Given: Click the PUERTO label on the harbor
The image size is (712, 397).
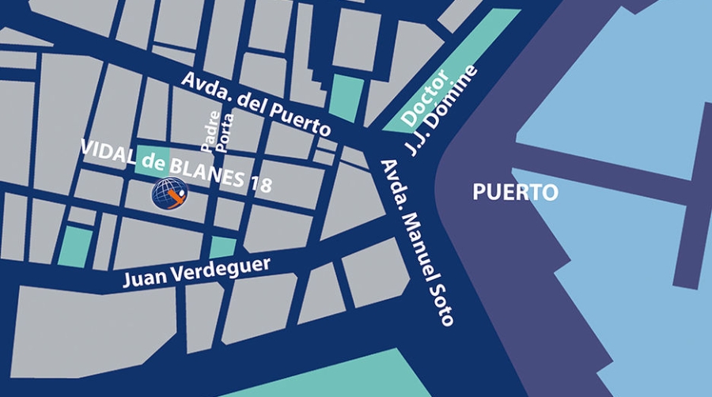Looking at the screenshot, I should click(515, 192).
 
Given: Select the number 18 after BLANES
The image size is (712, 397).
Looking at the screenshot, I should click(260, 183).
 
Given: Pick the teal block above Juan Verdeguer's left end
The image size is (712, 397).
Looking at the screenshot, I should click(75, 245).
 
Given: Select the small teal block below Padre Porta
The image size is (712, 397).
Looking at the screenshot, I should click(222, 247).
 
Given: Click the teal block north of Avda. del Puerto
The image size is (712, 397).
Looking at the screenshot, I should click(347, 99).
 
